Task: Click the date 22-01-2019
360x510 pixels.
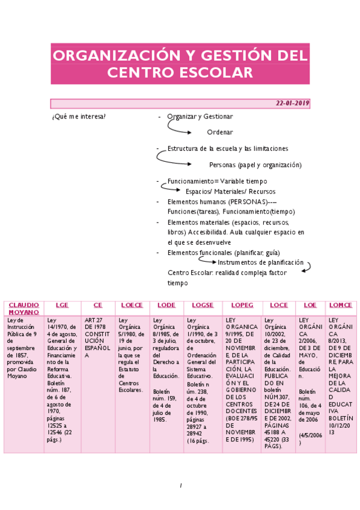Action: [x=292, y=103]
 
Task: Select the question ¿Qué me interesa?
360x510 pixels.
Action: [x=79, y=116]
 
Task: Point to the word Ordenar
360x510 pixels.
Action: [x=219, y=132]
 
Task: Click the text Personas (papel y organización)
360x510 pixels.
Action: [x=255, y=165]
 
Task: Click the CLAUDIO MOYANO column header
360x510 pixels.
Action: [x=24, y=309]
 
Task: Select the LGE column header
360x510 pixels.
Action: [x=63, y=305]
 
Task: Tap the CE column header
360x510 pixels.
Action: [x=98, y=305]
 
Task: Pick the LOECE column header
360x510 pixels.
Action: [x=132, y=305]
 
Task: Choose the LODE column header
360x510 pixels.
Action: [x=166, y=305]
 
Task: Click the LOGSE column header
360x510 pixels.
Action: [x=203, y=305]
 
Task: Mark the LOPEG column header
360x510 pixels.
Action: [x=242, y=305]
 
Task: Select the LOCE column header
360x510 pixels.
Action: [x=279, y=305]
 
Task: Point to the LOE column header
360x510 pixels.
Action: [x=310, y=305]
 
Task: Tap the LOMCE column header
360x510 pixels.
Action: [x=341, y=305]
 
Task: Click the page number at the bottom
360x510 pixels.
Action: [x=180, y=485]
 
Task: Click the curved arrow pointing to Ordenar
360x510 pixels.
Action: [x=178, y=127]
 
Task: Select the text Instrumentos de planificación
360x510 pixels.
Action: [x=260, y=263]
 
